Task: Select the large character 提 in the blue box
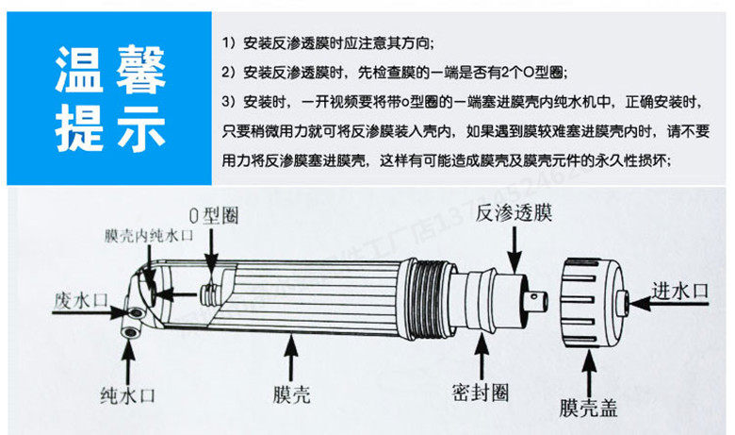81,129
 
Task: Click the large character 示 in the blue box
141,129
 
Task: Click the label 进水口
678,293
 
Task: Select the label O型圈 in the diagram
214,216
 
